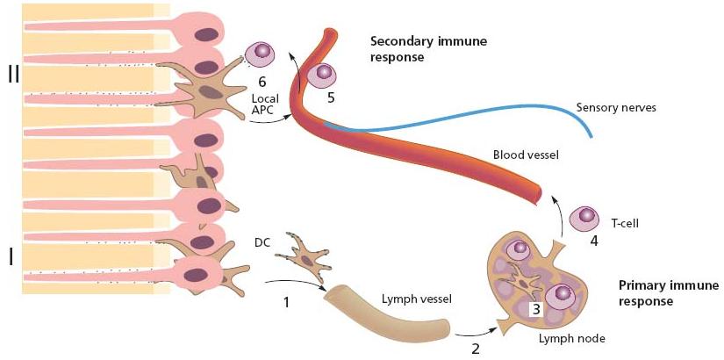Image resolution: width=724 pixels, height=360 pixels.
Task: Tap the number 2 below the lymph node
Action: point(476,348)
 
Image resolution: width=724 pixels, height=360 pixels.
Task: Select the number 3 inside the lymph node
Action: point(536,308)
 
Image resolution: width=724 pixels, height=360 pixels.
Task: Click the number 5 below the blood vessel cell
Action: point(331,97)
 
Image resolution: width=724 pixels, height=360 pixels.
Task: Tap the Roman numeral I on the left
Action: point(11,257)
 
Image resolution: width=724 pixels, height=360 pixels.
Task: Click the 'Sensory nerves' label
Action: point(616,108)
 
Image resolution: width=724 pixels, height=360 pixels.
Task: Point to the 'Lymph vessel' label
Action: point(417,299)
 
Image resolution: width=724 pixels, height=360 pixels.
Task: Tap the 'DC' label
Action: point(262,241)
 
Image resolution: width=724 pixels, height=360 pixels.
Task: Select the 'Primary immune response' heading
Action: point(669,293)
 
